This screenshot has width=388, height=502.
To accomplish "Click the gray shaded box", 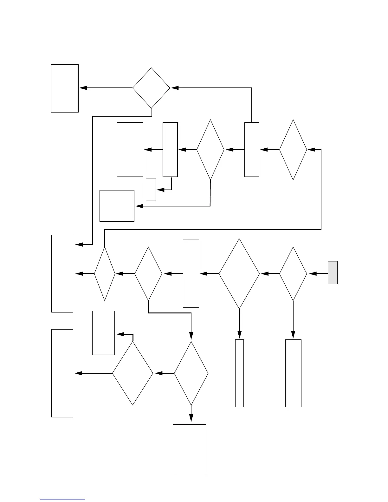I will point(333,273).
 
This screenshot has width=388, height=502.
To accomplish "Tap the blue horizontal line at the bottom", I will point(63,499).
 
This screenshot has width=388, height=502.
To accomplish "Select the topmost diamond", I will point(151,88).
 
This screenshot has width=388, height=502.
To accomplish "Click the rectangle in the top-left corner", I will point(65,88).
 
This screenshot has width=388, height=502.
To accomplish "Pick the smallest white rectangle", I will point(151,189).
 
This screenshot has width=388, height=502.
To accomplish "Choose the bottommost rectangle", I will point(189,448).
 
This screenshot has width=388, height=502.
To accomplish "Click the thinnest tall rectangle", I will point(239,373).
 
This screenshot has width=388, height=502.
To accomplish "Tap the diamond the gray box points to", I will point(293,274).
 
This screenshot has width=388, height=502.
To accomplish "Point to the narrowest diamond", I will point(105,274).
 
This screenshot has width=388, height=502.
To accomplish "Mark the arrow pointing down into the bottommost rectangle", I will point(191,415).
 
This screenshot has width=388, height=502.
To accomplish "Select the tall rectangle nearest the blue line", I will point(62,373).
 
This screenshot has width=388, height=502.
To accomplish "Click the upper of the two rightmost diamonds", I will point(293,150).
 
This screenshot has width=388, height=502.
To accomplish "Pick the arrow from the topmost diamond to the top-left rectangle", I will point(106,88).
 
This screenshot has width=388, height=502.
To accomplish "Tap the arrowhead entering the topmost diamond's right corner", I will point(175,88).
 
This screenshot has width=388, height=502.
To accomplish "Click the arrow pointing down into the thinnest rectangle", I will point(239,325).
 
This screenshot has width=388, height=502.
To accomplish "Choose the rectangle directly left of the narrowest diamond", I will point(62,274).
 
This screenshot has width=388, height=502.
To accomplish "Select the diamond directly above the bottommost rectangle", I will point(191,373).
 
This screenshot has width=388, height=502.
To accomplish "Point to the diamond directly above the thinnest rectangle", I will point(239,274).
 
